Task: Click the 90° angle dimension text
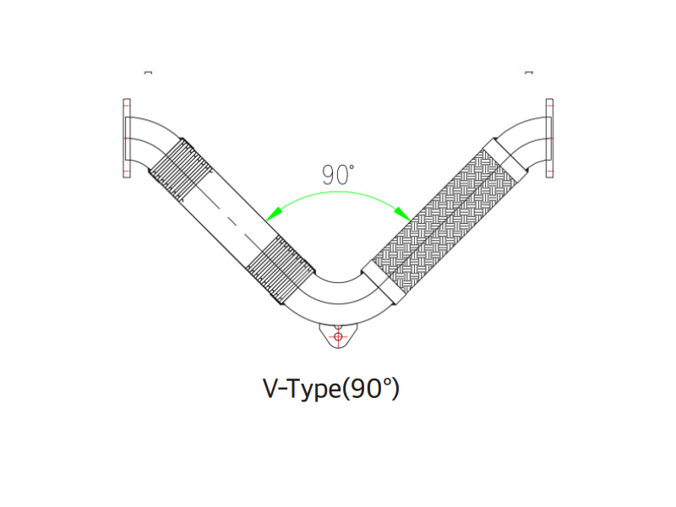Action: (338, 175)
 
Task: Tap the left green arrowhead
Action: (274, 214)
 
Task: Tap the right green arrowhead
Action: (402, 214)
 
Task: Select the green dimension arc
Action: (338, 193)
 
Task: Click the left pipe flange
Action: (127, 138)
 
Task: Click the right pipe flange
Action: (549, 138)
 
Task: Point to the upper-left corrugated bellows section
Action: (180, 170)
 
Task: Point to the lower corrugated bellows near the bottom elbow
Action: (281, 270)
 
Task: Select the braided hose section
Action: (445, 221)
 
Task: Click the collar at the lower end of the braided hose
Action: (384, 282)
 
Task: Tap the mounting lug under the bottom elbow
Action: (338, 335)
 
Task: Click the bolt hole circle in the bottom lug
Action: (338, 336)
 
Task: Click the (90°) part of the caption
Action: (370, 389)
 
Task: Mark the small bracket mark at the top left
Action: (148, 73)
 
